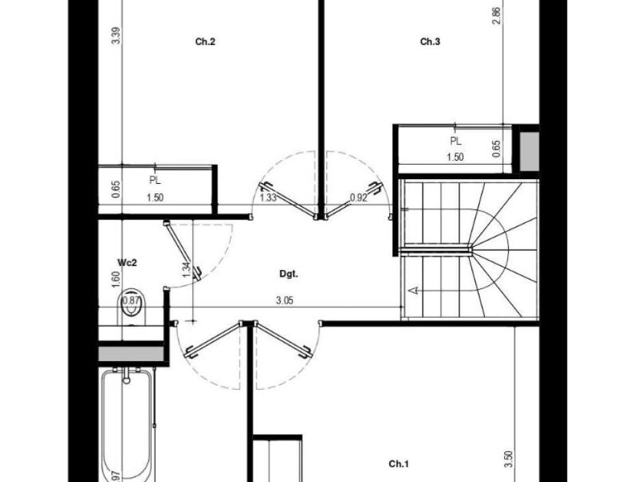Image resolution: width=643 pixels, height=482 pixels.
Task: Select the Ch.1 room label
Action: [399, 464]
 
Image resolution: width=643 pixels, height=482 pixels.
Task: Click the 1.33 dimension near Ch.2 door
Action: [268, 198]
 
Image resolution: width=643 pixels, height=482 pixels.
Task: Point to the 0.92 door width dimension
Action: [358, 198]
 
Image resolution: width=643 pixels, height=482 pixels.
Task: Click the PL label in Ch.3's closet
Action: [456, 142]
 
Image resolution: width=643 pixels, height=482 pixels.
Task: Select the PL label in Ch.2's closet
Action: [155, 181]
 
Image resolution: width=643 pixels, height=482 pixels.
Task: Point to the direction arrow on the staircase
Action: [412, 291]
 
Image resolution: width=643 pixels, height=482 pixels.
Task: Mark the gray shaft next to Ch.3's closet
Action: [529, 151]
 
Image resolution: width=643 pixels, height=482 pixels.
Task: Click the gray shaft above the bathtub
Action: [131, 354]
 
